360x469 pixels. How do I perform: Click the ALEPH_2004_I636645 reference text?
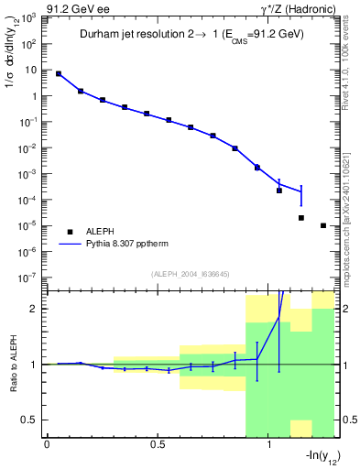[190, 273]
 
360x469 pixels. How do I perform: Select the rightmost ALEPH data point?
[323, 225]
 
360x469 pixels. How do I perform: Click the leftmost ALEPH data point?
[59, 73]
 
